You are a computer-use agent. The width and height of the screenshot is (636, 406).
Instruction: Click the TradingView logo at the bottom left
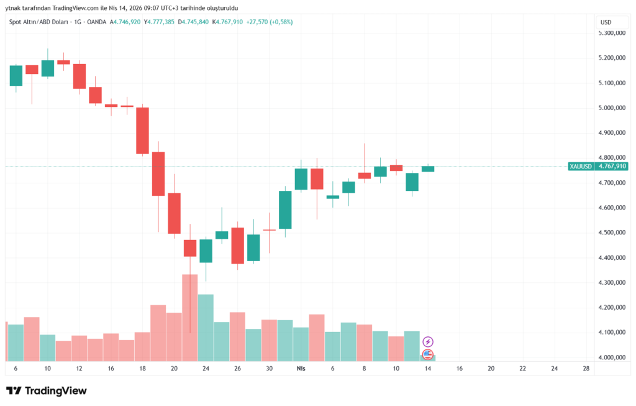[x=47, y=390]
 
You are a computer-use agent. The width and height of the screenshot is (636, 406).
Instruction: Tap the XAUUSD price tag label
[x=581, y=167]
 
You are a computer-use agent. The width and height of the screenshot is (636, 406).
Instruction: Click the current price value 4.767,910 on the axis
[x=612, y=167]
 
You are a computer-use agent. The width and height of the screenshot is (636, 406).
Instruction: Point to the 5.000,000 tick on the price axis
[x=611, y=108]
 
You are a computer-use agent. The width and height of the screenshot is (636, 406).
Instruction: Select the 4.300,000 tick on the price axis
[x=611, y=283]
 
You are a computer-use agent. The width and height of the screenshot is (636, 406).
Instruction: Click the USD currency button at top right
[x=606, y=22]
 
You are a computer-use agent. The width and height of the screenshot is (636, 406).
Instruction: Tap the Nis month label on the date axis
[x=301, y=369]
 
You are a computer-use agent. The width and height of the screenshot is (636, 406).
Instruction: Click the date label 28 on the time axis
[x=586, y=369]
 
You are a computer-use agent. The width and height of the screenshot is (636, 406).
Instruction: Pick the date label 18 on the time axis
[x=142, y=369]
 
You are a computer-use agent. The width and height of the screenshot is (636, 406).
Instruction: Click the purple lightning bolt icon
[x=428, y=341]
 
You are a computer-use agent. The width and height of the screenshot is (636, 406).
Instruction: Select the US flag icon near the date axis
[x=428, y=354]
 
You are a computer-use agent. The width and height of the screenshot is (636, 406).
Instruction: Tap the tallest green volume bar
[x=206, y=327]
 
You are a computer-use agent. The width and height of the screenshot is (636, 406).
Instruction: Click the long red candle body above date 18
[x=142, y=131]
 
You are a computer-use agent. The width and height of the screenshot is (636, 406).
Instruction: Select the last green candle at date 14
[x=428, y=169]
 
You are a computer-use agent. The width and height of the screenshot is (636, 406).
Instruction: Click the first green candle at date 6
[x=16, y=75]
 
